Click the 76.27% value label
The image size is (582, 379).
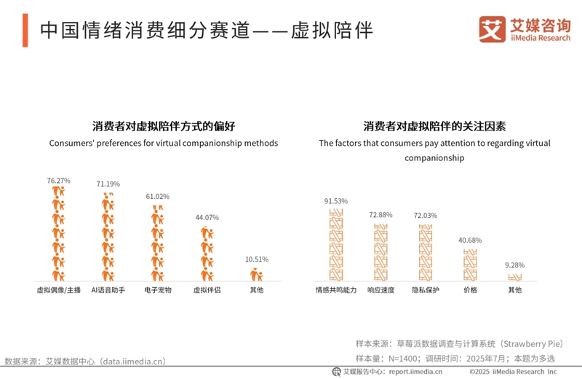coord(58,179)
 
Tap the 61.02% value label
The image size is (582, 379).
coord(157,197)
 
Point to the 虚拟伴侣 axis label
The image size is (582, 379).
coord(206,290)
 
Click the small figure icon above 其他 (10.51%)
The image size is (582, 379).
coord(256,275)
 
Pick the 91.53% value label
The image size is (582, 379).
coord(336,200)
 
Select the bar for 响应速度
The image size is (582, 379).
coord(380,252)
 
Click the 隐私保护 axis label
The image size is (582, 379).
coord(425,290)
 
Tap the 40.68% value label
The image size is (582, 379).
coord(470,240)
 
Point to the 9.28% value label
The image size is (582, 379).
coord(514,265)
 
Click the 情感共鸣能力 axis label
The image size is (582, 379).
coord(336,290)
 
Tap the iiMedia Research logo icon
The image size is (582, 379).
coord(492,29)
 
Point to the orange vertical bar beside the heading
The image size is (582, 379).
coord(25,31)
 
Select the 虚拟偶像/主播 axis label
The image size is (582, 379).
coord(58,290)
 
